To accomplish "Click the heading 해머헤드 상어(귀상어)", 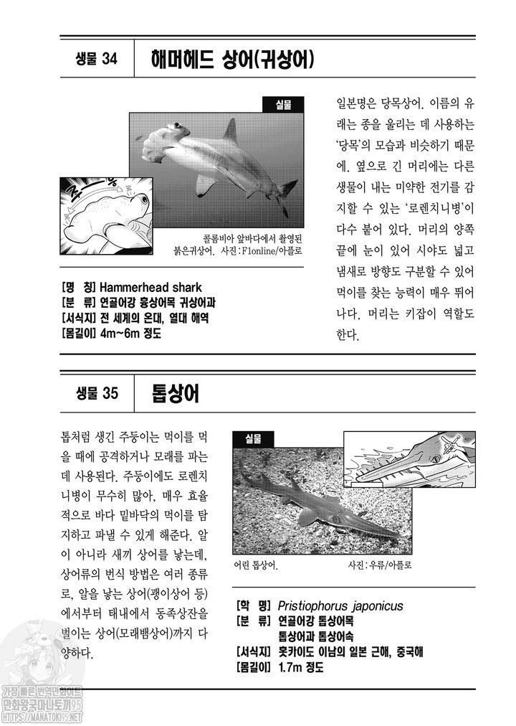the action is (233, 60).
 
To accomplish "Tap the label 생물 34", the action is (97, 59).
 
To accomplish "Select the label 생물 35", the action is (97, 394).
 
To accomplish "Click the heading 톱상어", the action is (176, 394).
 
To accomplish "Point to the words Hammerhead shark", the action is (150, 287).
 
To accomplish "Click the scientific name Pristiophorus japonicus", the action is (340, 605).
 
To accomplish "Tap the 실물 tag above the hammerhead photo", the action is (283, 105).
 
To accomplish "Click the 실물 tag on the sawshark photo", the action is (254, 439).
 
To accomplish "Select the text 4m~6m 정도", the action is (130, 333).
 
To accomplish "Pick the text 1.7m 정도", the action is (301, 667).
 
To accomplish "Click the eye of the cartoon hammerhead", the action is (144, 200).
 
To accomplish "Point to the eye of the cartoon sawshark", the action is (435, 459).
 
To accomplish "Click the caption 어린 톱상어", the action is (256, 565).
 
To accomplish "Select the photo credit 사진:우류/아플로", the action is (380, 565).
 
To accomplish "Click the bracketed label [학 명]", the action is (254, 605).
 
